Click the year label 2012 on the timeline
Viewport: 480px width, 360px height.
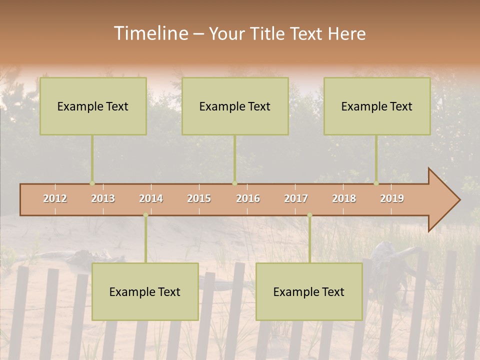click(x=55, y=198)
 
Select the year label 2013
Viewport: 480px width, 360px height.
click(x=103, y=198)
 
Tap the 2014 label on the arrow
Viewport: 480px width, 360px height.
click(x=151, y=198)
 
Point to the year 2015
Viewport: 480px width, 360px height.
click(x=199, y=198)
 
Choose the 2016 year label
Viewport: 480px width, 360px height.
click(x=248, y=198)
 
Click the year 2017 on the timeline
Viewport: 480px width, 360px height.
click(x=296, y=198)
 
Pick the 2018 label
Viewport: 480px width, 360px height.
click(x=344, y=198)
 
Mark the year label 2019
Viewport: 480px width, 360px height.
click(x=392, y=198)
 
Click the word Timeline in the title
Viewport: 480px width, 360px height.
click(x=150, y=33)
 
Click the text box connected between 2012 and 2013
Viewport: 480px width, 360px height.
click(x=93, y=106)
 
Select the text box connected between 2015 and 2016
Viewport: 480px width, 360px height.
click(x=235, y=106)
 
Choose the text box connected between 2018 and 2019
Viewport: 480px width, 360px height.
click(x=377, y=106)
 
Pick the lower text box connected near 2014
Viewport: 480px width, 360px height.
click(x=145, y=291)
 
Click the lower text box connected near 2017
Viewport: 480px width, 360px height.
click(x=309, y=291)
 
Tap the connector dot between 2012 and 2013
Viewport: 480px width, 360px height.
click(x=92, y=183)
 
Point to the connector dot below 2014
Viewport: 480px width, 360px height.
click(x=145, y=215)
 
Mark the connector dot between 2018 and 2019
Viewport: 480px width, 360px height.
click(x=376, y=183)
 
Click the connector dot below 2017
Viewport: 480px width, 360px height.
click(x=309, y=215)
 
